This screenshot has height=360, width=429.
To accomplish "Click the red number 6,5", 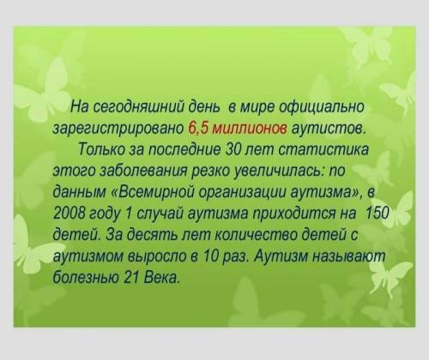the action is (x=197, y=128).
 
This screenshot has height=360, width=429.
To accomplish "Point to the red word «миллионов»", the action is (x=249, y=129).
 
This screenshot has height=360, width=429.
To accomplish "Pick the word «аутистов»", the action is (x=328, y=129).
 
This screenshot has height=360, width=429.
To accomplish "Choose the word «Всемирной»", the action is (x=154, y=192).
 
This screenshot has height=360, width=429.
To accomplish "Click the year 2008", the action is (x=69, y=213).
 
